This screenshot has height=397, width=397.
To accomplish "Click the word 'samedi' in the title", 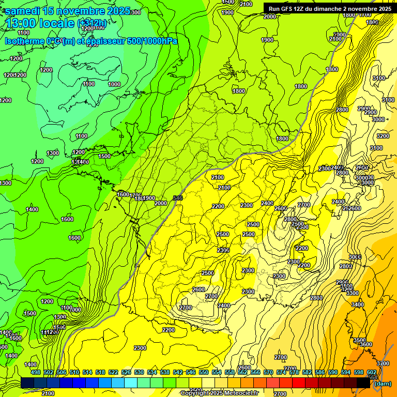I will (23, 11).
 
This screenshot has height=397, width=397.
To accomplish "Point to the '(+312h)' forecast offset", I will (91, 23).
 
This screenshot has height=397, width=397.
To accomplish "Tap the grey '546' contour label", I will (178, 198).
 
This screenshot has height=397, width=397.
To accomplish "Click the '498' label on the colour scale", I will (35, 372).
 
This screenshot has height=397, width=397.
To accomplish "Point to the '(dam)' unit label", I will (381, 384).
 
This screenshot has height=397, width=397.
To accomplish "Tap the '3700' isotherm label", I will (383, 363).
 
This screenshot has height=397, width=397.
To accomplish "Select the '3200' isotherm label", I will (383, 136).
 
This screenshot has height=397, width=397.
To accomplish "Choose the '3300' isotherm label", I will (352, 293).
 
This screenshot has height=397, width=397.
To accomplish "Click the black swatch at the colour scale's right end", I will (363, 383).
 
